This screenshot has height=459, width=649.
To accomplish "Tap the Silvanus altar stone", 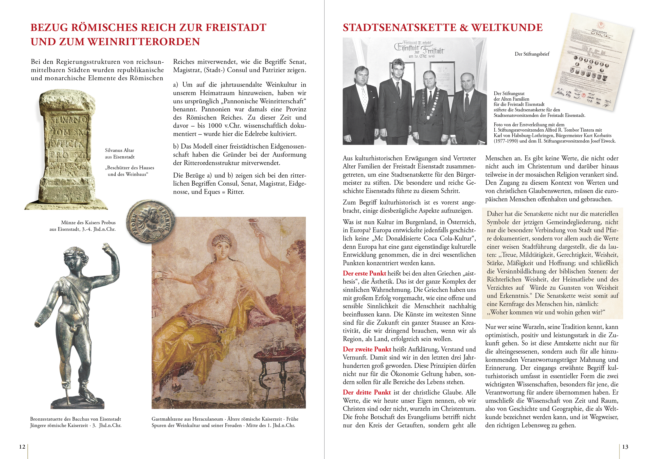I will click(66, 150).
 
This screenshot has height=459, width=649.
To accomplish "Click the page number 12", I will click(22, 447).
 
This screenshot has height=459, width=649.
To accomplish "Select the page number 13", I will click(625, 447).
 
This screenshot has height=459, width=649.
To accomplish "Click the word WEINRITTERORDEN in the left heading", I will click(143, 42).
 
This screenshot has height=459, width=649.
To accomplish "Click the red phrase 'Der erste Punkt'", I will click(364, 273).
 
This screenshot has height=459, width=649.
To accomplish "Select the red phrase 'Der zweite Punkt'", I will click(367, 349).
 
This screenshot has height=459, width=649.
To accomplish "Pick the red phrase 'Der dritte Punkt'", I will click(367, 393).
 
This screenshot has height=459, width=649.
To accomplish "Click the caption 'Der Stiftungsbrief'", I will click(532, 54).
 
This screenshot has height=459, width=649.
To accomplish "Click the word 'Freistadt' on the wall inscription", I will click(432, 51).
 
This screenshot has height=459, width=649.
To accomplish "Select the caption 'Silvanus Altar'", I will click(120, 150).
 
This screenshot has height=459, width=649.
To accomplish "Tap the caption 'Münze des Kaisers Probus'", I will click(88, 223).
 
